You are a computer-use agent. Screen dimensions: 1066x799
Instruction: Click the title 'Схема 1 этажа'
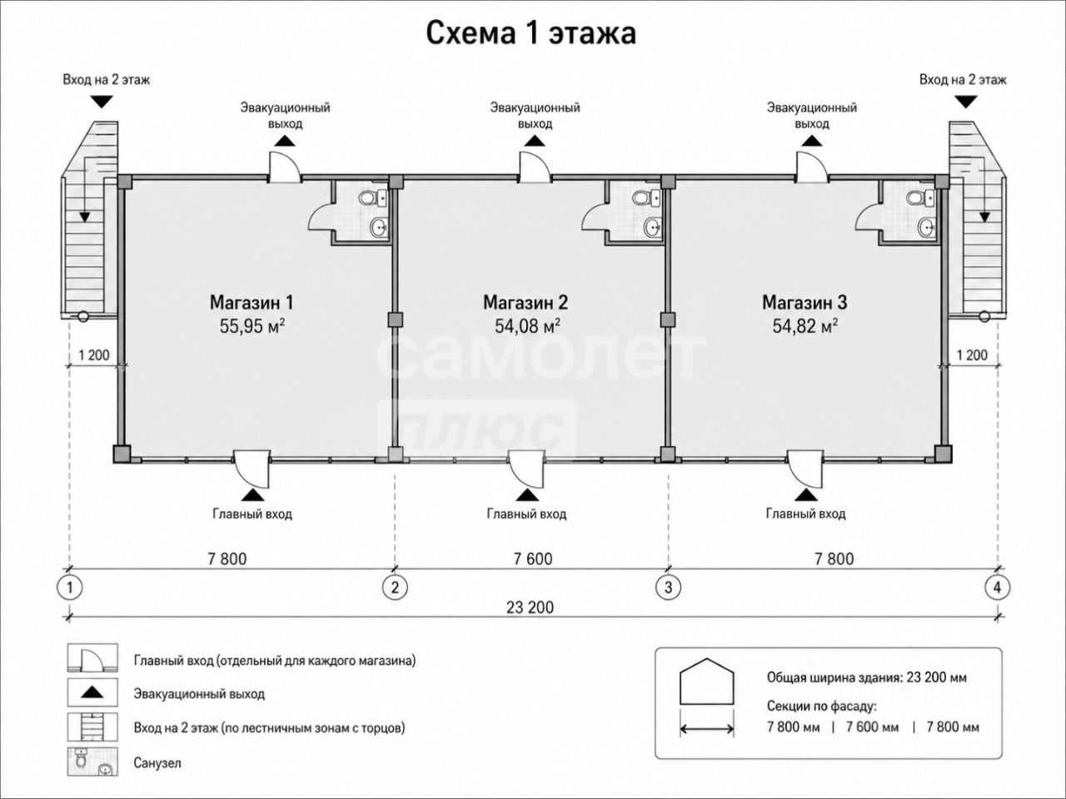point(531,33)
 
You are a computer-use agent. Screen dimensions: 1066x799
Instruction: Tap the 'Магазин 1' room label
point(252,302)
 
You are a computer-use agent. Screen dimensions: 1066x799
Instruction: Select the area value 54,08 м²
point(527,325)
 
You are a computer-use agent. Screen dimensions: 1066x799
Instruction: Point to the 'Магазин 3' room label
point(804,302)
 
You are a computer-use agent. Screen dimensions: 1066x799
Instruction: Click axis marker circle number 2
point(395,588)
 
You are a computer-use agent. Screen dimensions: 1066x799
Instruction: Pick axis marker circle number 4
point(997,588)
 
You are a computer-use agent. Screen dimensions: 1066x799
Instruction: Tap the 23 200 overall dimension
point(530,608)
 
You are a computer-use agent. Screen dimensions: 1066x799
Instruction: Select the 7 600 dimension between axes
point(533,558)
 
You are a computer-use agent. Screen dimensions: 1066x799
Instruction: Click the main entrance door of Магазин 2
point(527,468)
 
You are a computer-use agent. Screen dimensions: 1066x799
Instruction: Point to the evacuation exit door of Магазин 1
point(285,166)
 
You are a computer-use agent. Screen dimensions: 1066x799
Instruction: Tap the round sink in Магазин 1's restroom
point(378,226)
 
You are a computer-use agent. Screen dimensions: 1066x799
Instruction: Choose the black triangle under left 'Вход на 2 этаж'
point(102,102)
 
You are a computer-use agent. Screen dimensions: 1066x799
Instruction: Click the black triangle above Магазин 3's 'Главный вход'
point(806,494)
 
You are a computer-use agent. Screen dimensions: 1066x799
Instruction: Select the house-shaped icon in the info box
point(706,681)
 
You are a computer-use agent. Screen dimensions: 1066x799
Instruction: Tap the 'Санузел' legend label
point(157,763)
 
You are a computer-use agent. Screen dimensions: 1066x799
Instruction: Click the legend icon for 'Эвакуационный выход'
point(92,692)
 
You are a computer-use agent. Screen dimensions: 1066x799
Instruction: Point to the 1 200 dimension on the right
point(972,355)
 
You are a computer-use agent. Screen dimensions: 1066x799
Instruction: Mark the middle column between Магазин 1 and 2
point(395,320)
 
